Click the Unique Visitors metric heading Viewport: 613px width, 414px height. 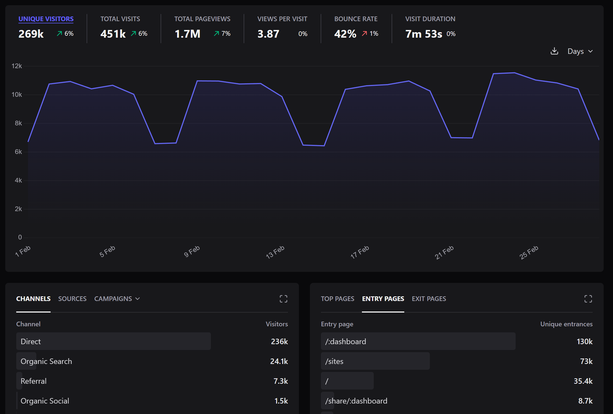(46, 19)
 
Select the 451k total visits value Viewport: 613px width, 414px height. (113, 34)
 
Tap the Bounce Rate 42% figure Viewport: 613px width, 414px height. (345, 34)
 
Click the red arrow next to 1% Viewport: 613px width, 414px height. (364, 34)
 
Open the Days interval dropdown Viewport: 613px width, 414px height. (580, 51)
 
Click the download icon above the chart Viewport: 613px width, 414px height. (554, 51)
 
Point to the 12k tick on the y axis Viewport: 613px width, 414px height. (17, 66)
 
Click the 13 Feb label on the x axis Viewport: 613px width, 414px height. (275, 252)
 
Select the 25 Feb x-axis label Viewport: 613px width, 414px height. (529, 252)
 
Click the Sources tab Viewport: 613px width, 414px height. (72, 299)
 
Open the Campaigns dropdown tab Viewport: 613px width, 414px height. (117, 299)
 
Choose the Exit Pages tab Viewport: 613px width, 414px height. (429, 299)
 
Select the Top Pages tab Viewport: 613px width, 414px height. (337, 299)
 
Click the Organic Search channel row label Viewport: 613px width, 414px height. (46, 361)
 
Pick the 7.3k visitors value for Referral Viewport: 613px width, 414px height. (281, 381)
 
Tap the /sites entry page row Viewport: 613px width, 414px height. (334, 361)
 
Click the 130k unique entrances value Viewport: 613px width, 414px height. (584, 341)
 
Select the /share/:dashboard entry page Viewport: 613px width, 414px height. (356, 401)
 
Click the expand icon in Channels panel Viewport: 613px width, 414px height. (284, 299)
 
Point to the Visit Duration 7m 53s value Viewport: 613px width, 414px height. (424, 34)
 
